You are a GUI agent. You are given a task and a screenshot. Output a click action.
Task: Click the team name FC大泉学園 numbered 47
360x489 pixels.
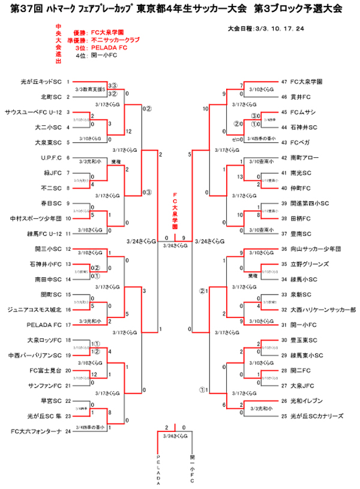tap(306, 81)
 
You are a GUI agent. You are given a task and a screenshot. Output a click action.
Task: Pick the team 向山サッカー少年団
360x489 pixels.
tap(314, 249)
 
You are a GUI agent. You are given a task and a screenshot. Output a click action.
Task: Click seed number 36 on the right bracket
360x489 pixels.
tap(284, 249)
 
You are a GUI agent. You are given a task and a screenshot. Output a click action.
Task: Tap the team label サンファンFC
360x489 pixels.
tap(48, 385)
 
